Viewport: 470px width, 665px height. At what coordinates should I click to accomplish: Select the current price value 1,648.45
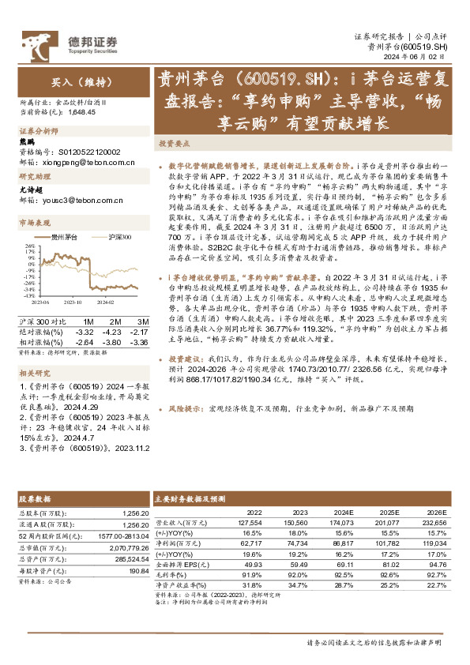click(x=84, y=112)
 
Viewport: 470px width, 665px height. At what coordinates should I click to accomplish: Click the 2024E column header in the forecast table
click(x=342, y=512)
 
